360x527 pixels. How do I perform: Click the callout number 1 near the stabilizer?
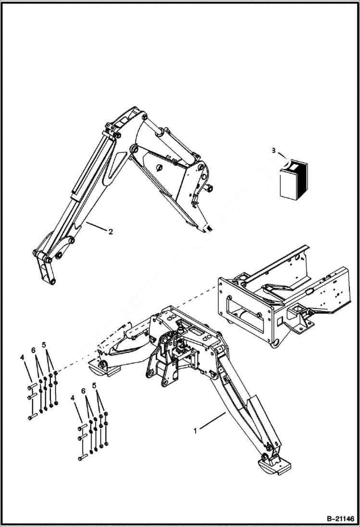click(x=195, y=431)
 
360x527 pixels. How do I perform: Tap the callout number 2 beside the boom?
click(x=111, y=232)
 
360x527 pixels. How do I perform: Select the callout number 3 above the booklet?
click(x=274, y=150)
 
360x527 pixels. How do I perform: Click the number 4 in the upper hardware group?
click(x=22, y=358)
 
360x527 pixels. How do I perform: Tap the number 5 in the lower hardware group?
click(x=94, y=385)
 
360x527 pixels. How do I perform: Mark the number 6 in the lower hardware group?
click(x=84, y=392)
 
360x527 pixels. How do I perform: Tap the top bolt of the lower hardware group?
click(x=83, y=426)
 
